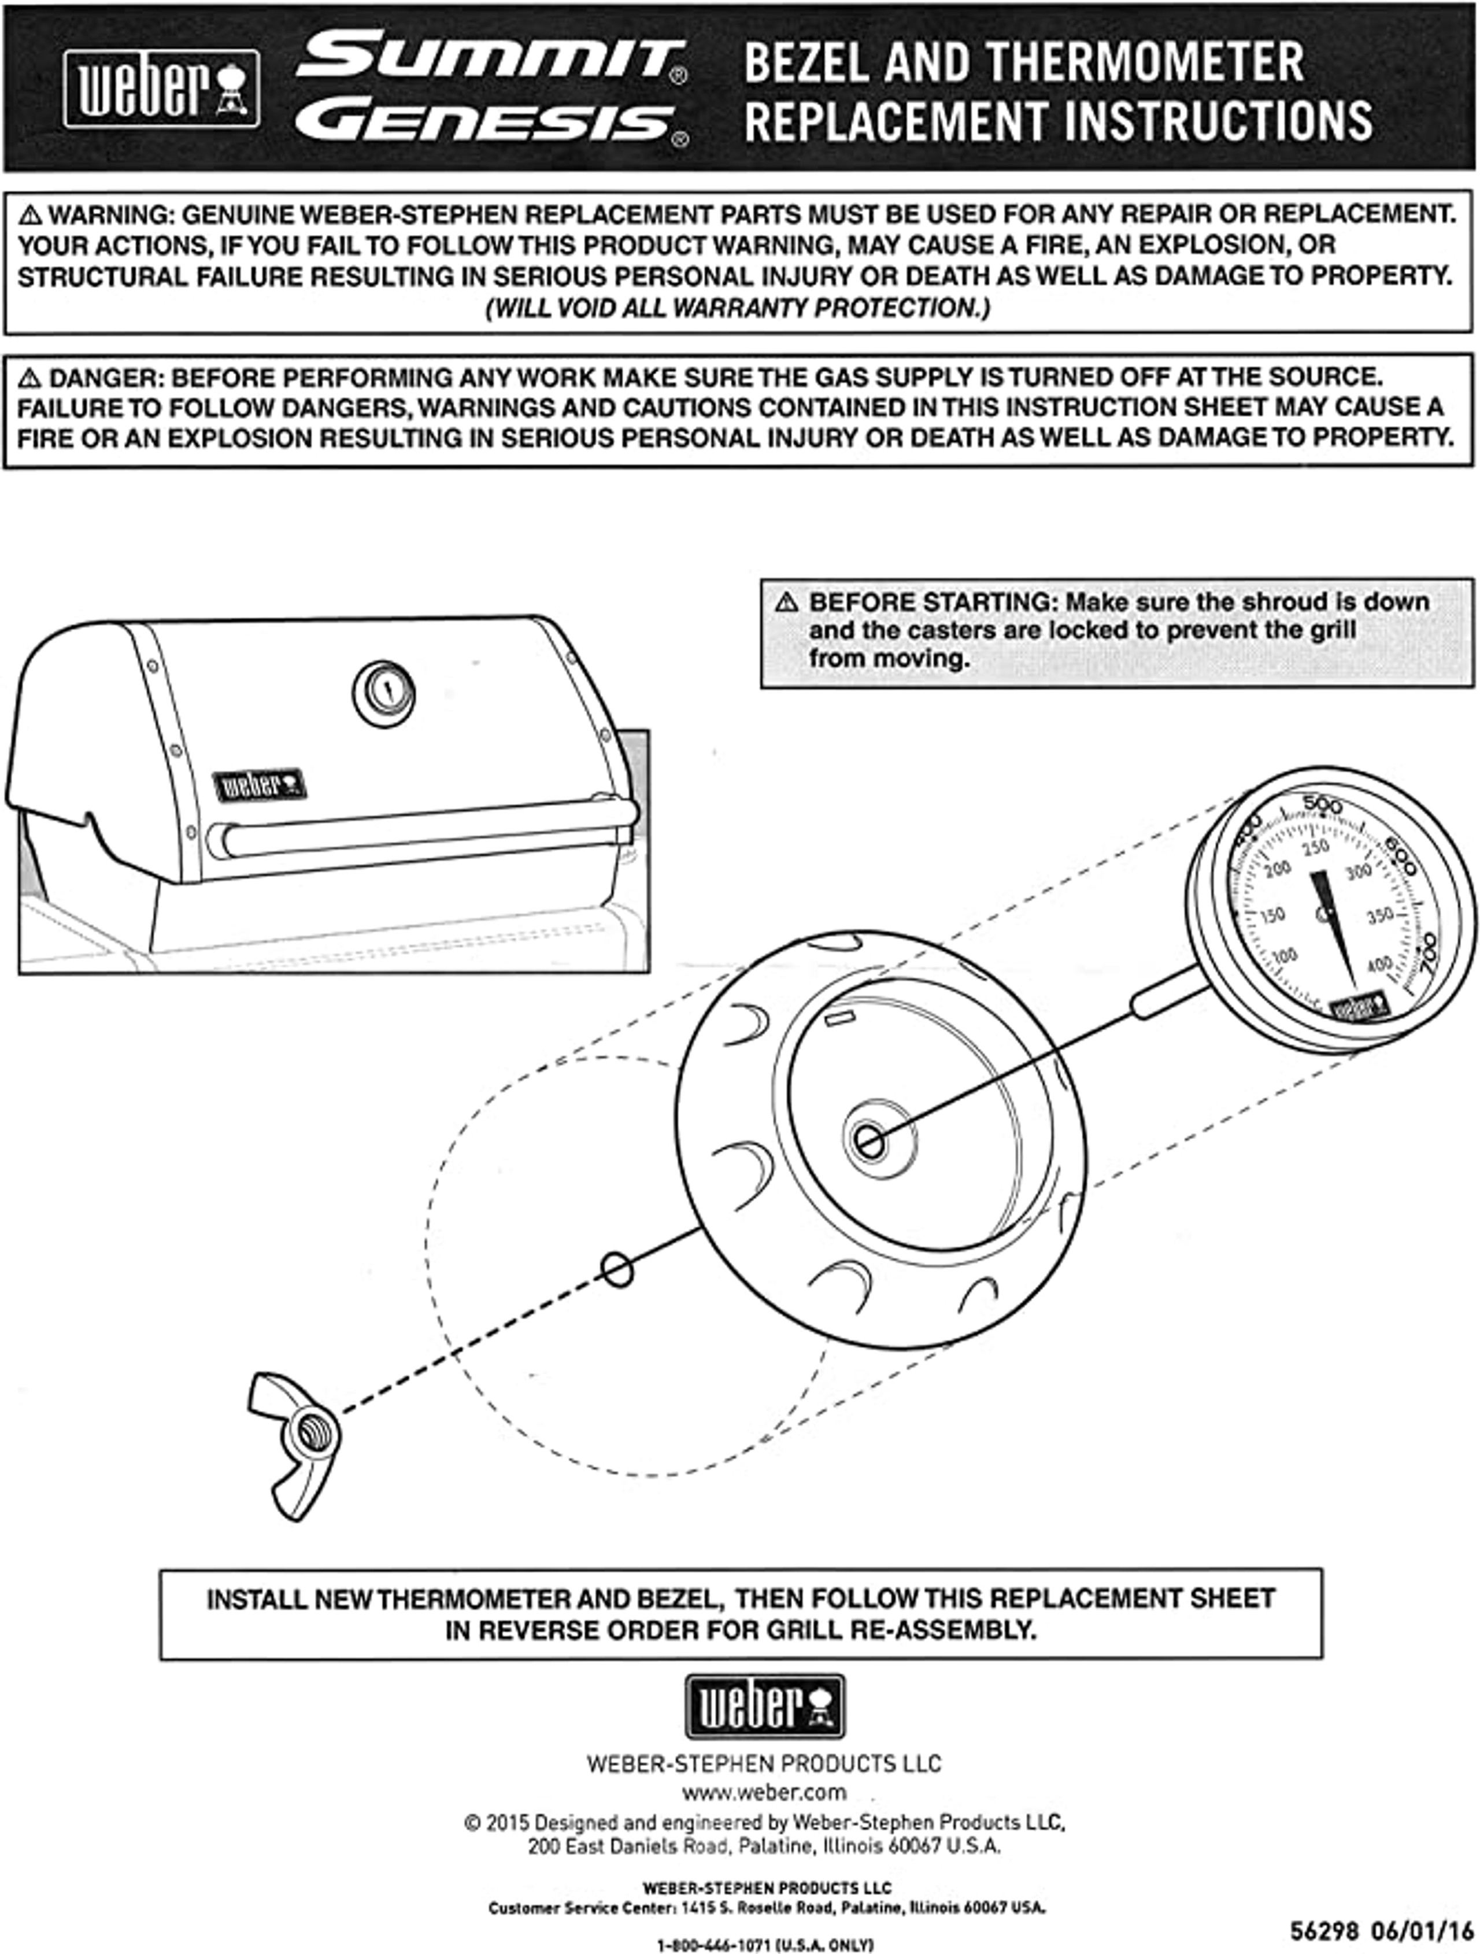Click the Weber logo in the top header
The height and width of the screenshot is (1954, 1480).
pyautogui.click(x=162, y=88)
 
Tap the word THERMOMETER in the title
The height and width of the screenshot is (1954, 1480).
pyautogui.click(x=1145, y=62)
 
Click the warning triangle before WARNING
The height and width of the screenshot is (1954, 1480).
pyautogui.click(x=31, y=215)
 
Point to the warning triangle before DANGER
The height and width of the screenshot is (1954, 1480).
pyautogui.click(x=31, y=378)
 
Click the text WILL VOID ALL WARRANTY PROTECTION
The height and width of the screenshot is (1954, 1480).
pyautogui.click(x=738, y=308)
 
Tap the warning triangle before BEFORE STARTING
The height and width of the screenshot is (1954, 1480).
pyautogui.click(x=786, y=603)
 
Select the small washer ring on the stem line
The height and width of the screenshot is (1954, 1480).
pyautogui.click(x=617, y=1269)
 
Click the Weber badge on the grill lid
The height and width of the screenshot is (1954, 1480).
pyautogui.click(x=259, y=784)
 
